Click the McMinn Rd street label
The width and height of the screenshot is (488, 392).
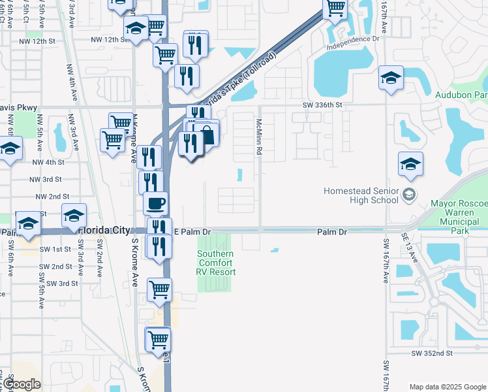point(259,137)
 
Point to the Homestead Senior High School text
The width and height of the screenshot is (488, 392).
point(361,195)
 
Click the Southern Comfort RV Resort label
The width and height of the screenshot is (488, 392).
point(216,263)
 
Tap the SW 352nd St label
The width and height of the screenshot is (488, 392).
point(432,353)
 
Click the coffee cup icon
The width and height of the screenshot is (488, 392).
point(155,203)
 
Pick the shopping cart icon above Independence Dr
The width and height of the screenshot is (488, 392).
point(335,8)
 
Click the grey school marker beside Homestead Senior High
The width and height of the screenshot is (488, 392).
point(409,193)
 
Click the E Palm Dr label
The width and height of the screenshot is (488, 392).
point(194,232)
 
